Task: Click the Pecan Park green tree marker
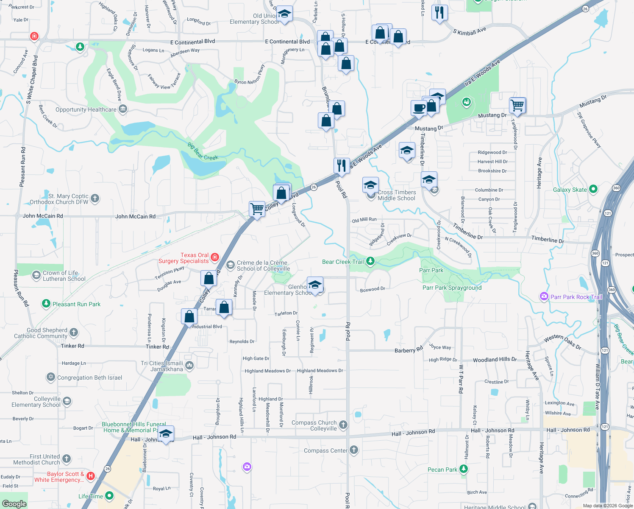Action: point(464,469)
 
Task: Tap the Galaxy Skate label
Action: point(570,190)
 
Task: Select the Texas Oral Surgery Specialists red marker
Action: point(215,257)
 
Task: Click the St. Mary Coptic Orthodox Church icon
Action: point(95,198)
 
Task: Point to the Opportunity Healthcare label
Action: point(86,109)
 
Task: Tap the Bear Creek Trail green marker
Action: point(370,261)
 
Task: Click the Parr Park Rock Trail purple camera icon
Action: point(544,296)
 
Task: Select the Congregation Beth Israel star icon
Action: point(51,377)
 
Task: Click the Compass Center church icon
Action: point(354,450)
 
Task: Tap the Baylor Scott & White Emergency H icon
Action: point(90,476)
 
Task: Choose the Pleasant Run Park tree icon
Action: point(46,304)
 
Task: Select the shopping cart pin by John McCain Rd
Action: point(257,209)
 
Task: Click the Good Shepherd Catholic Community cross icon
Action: point(74,332)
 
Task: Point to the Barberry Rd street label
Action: point(409,350)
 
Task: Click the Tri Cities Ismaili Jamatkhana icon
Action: point(189,365)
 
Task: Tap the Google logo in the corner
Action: point(14,503)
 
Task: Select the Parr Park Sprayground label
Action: point(452,288)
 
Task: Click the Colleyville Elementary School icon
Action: point(67,401)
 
